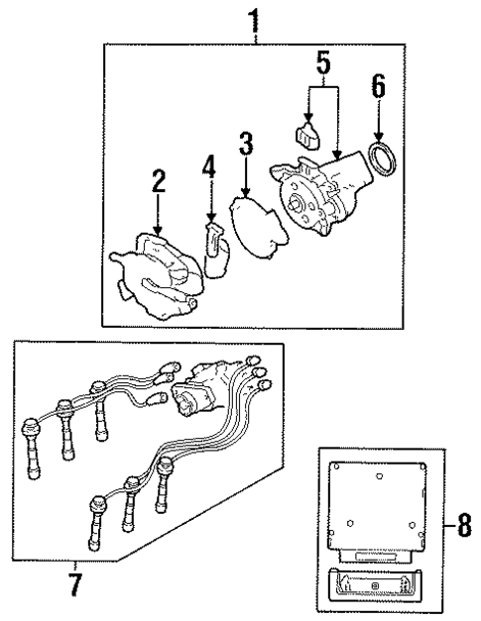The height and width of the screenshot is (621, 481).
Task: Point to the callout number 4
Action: coord(208,164)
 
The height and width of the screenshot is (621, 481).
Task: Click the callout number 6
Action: coord(379,87)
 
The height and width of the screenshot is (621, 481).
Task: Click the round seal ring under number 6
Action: coord(380,158)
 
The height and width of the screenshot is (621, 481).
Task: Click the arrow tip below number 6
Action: coord(379,139)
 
